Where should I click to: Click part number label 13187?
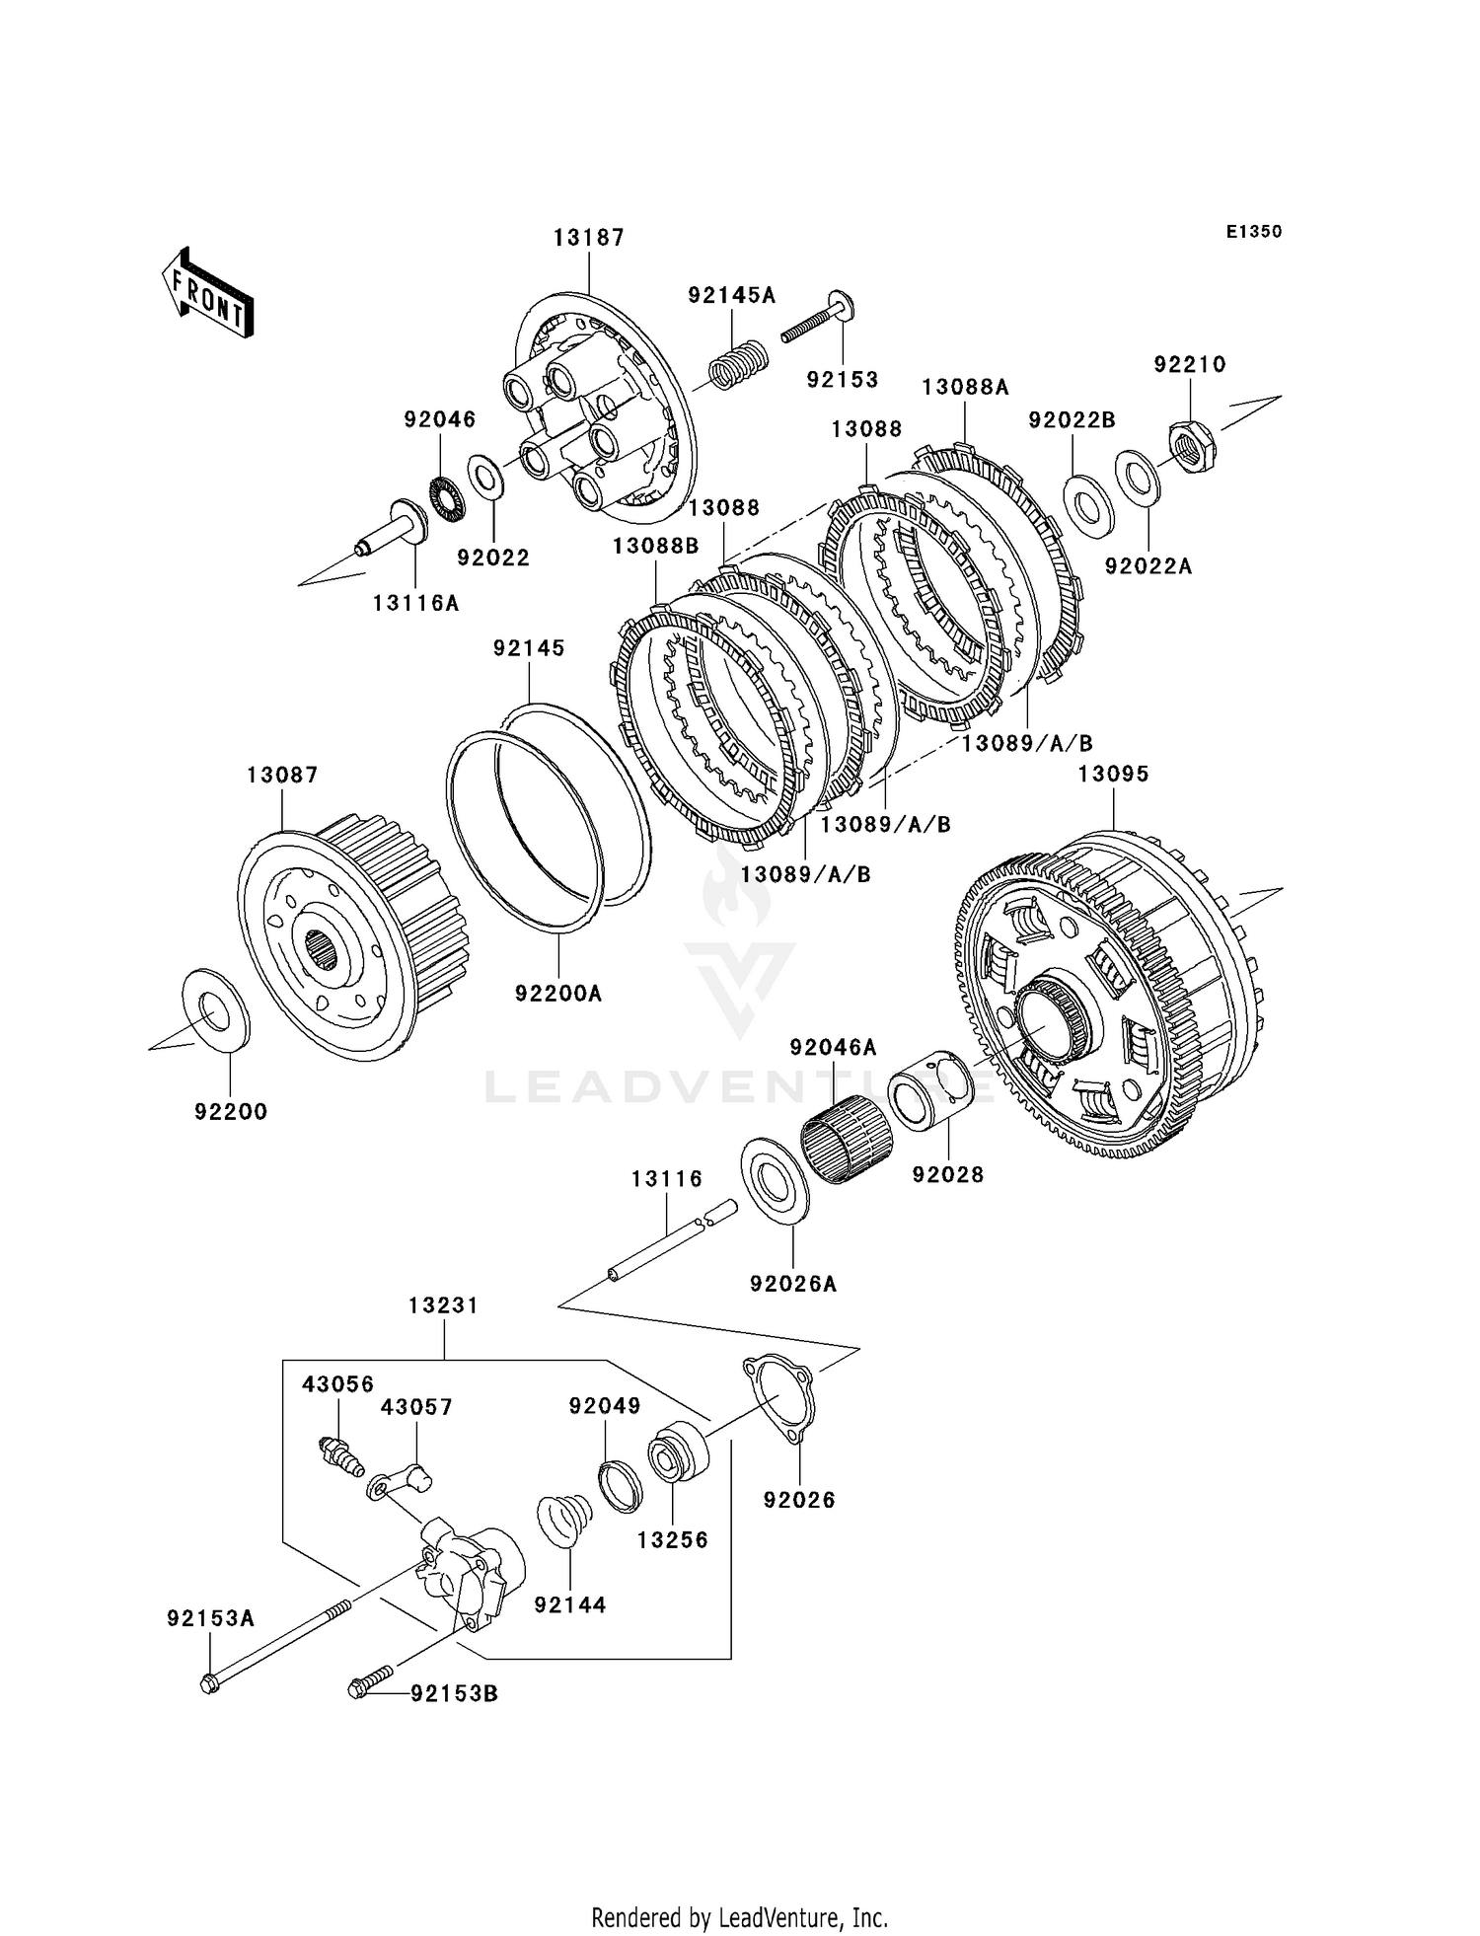tap(589, 238)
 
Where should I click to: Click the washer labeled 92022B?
tap(1089, 501)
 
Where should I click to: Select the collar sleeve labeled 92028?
tap(931, 1089)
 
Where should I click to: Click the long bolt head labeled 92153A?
tap(210, 1684)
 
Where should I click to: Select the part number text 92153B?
tap(455, 1694)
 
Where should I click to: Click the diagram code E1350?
tap(1254, 232)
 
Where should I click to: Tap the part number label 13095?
tap(1113, 775)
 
